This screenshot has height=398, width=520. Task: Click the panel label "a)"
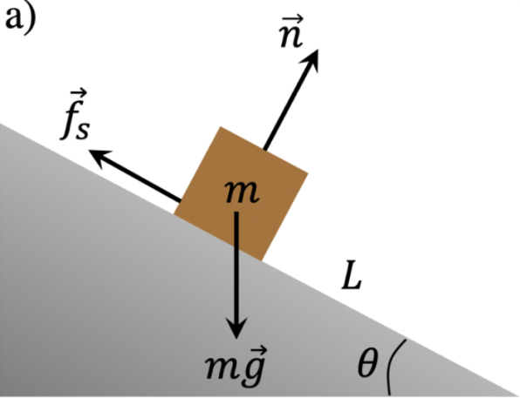(21, 17)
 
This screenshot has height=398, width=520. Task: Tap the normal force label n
(291, 36)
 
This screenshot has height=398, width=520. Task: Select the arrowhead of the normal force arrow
(311, 61)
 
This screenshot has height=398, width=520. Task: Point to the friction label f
(71, 118)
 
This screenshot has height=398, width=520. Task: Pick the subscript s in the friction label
(82, 131)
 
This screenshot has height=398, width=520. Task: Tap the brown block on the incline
(241, 193)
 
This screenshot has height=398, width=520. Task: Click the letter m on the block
(242, 192)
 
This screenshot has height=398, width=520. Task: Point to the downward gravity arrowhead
(236, 327)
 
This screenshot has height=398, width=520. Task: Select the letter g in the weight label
(254, 370)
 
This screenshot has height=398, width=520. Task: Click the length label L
(352, 275)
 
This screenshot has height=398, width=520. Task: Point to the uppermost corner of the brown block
(220, 127)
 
